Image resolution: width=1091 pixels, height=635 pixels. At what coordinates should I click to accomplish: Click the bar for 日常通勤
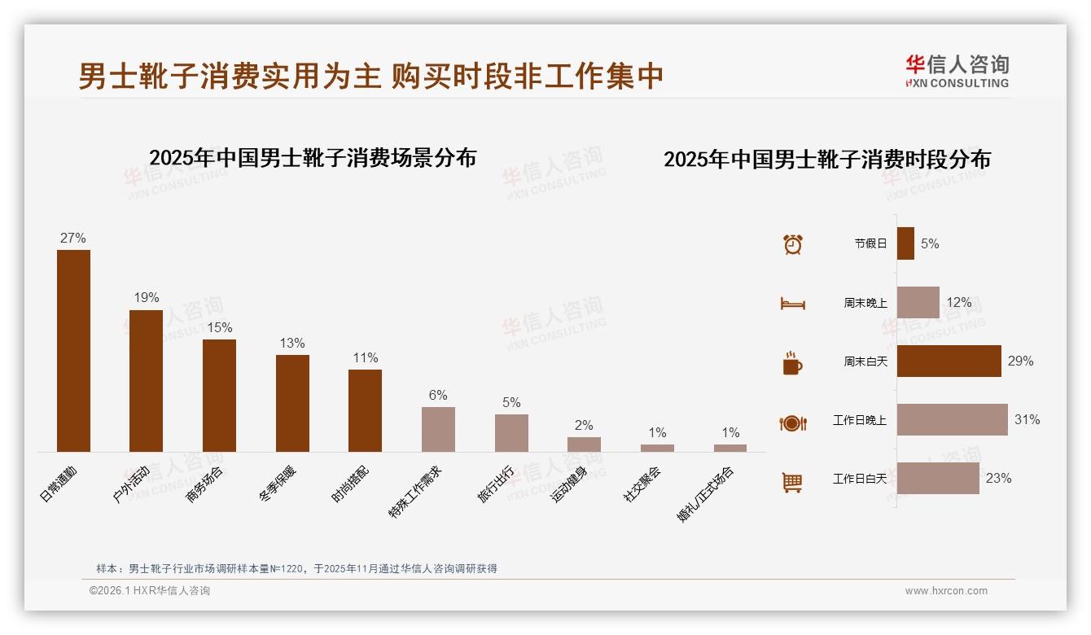point(73,350)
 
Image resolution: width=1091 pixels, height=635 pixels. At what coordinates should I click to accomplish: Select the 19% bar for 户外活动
point(146,380)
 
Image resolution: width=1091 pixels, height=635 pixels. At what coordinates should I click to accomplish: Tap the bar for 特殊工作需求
point(438,429)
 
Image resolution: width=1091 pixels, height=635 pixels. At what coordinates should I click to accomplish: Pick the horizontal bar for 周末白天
point(949,361)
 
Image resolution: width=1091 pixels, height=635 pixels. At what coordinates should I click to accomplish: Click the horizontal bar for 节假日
point(905,243)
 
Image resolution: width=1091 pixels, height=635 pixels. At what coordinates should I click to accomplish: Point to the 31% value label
point(1027,420)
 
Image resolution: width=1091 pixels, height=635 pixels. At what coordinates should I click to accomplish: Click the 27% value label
point(73,239)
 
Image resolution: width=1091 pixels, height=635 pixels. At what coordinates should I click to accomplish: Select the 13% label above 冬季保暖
point(291,344)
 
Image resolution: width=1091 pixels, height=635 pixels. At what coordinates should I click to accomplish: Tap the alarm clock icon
point(793,244)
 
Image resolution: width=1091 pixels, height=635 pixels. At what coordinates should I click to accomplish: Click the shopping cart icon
point(792,483)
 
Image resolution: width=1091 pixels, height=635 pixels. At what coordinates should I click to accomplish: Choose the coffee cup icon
point(792,363)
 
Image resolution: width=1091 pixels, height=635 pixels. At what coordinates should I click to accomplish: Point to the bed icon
point(792,304)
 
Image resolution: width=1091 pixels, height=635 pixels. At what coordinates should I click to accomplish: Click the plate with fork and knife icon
point(792,423)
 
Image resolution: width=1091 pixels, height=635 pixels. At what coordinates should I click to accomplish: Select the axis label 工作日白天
point(859,479)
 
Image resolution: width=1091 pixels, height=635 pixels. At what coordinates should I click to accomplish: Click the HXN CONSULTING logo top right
point(957,72)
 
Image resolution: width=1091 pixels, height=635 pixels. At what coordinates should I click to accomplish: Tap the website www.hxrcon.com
point(946,591)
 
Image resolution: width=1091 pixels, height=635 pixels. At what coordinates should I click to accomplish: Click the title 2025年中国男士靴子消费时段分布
point(827,160)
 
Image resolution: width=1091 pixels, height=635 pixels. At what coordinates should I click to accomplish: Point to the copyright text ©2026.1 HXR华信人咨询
point(150,591)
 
